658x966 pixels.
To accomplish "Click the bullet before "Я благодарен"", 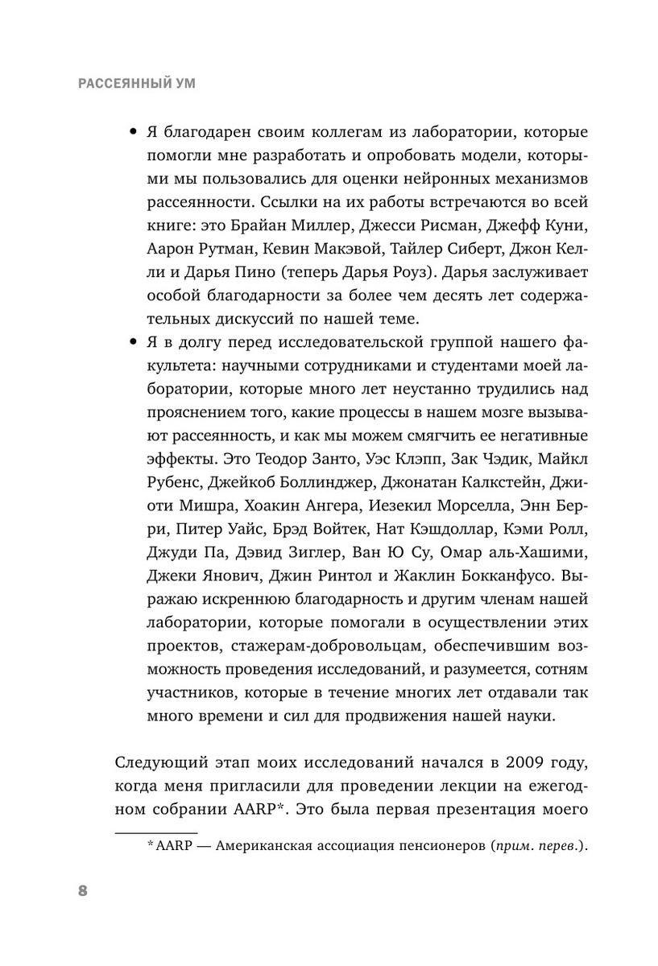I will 133,132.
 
